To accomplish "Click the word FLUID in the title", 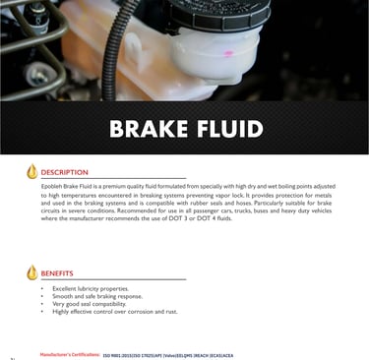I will point(227,129).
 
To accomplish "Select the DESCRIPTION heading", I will point(64,172).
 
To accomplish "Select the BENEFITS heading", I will point(56,272).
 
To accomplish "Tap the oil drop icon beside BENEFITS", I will point(31,272).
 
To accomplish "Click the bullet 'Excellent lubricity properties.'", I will point(91,289).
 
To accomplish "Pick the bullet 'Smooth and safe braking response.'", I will point(96,296).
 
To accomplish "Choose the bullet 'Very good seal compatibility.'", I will point(90,304).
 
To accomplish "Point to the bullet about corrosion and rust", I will point(114,311).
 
